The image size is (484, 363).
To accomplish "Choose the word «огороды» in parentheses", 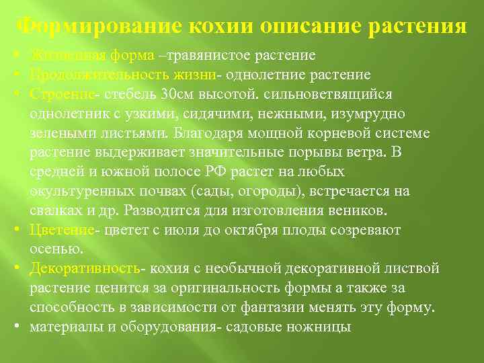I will pos(271,191).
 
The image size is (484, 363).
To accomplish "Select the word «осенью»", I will pos(56,249).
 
